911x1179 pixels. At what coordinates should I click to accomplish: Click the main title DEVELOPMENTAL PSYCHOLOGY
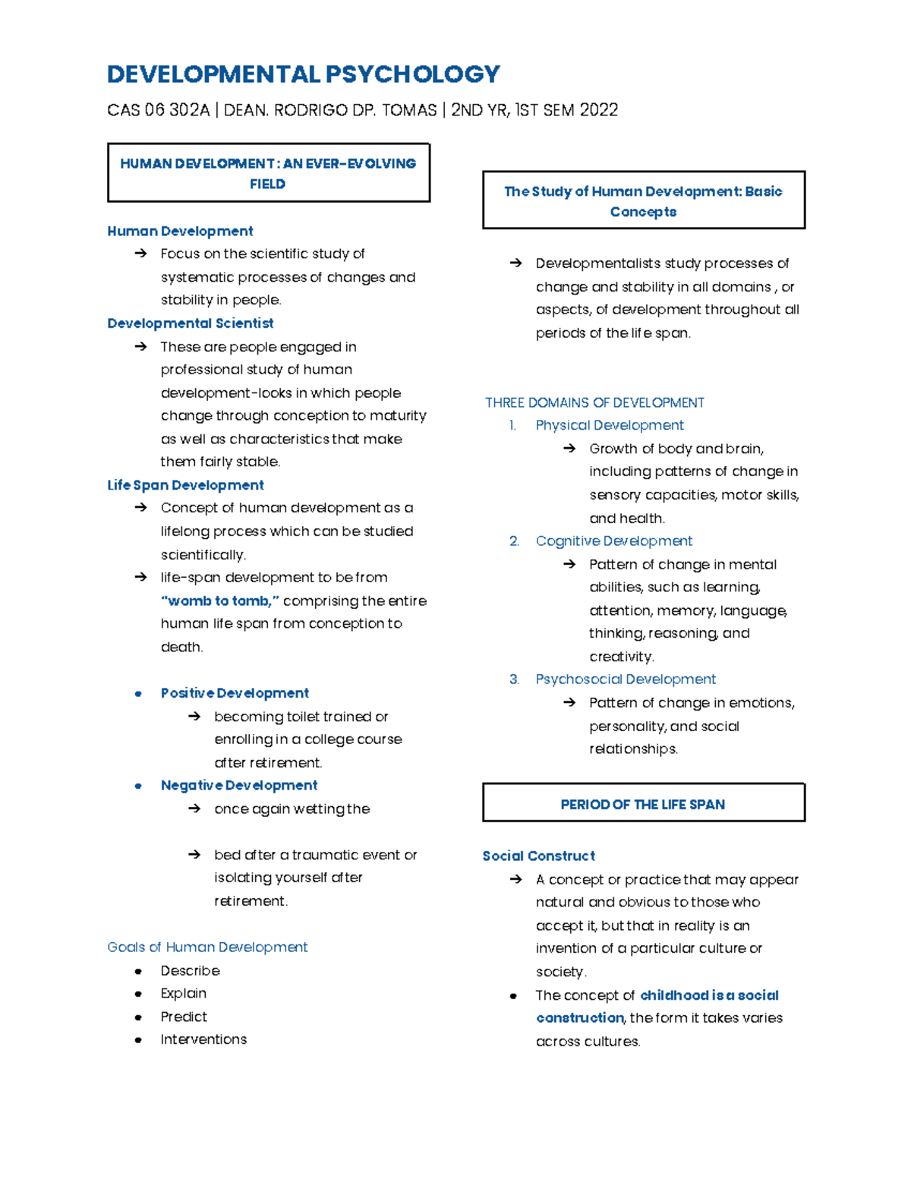[304, 74]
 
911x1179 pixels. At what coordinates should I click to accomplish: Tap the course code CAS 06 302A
[158, 111]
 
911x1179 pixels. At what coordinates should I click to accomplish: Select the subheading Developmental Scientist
[190, 323]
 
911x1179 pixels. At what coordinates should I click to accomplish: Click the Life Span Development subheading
[185, 485]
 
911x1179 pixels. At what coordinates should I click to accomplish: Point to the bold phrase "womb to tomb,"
[220, 601]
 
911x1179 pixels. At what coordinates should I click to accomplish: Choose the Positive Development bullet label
[235, 693]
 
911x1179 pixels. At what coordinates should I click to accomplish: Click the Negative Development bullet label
[239, 786]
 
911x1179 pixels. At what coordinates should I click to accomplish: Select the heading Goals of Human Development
[207, 947]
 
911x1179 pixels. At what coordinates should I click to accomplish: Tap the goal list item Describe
[190, 971]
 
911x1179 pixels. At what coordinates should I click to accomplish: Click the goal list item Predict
[184, 1017]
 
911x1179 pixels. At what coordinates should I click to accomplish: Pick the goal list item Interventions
[203, 1039]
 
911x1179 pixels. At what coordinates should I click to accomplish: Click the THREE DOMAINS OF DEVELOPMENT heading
[594, 403]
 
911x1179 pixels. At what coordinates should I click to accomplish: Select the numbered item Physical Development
[610, 426]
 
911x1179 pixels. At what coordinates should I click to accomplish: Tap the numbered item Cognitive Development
[613, 541]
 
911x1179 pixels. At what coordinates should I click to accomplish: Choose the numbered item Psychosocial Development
[626, 679]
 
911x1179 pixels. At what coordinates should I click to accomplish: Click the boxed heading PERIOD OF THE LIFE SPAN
[642, 805]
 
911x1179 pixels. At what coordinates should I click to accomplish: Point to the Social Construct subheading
[538, 856]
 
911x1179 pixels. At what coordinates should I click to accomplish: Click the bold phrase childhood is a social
[709, 995]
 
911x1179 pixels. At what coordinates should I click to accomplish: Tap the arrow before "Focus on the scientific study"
[140, 254]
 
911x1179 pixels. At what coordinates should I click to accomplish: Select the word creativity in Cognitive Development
[620, 657]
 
